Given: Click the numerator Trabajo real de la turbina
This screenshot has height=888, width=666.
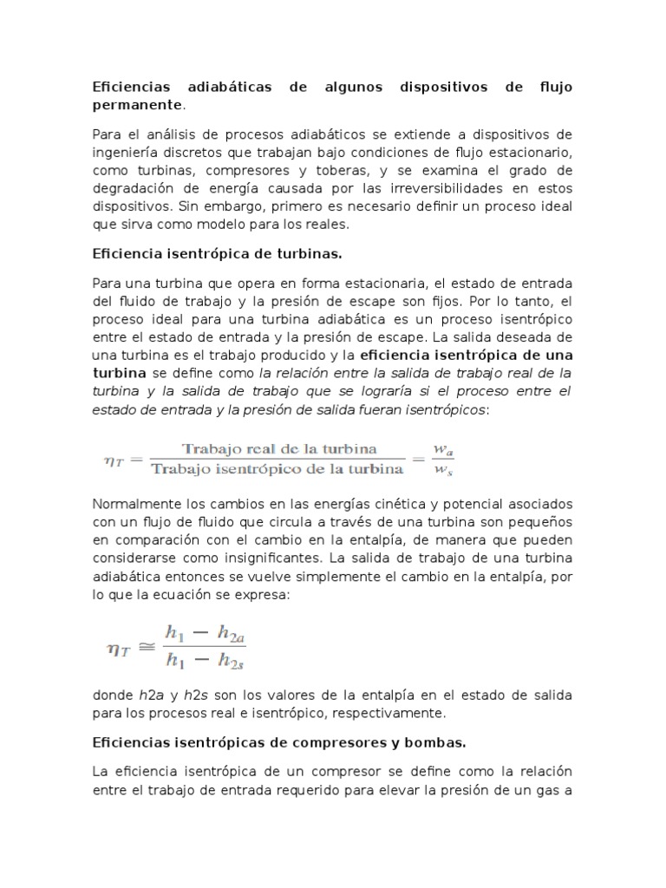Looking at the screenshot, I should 277,449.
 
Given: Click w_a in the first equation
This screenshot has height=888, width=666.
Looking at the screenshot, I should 444,449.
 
